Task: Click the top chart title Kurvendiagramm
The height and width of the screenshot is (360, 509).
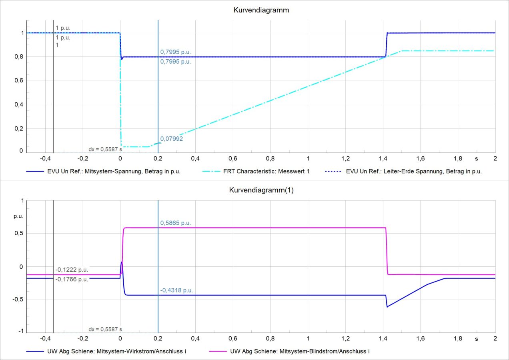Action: (261, 10)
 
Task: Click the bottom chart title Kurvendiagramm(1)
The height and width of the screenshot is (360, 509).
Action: (261, 190)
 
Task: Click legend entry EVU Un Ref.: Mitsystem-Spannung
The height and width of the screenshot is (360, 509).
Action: (103, 171)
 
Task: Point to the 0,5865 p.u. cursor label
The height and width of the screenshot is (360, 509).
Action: (175, 223)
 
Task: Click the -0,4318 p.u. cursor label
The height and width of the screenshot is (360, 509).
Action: (176, 290)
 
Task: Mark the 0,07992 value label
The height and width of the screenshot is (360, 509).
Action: (172, 139)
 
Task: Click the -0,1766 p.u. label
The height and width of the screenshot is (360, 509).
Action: (72, 279)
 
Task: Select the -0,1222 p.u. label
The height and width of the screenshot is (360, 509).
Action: (72, 270)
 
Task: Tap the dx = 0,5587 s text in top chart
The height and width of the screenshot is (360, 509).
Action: (105, 149)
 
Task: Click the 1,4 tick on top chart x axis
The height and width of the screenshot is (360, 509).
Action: (383, 158)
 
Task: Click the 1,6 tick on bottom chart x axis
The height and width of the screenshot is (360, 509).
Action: (420, 338)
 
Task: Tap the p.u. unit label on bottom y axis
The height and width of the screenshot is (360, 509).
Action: (18, 216)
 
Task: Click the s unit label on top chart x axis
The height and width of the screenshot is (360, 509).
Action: (476, 158)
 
